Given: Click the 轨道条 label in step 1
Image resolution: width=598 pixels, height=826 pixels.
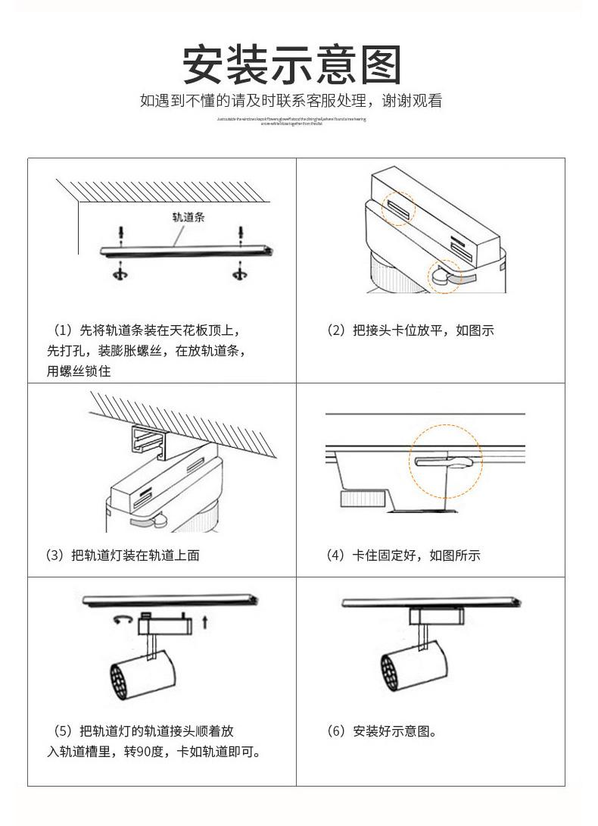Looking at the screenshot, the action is coord(188,217).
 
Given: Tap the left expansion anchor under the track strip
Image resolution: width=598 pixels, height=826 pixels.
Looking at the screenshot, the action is coord(120,271).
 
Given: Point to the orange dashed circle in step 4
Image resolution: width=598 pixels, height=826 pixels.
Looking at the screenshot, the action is coord(447,461).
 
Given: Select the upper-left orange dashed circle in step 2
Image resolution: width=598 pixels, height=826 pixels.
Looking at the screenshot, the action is coord(398,207).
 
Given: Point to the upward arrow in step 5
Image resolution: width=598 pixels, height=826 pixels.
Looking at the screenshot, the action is coord(204,623).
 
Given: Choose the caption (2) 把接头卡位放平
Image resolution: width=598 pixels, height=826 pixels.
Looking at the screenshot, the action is coord(410,330).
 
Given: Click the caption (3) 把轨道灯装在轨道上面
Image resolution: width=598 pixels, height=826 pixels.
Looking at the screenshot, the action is coord(123,555).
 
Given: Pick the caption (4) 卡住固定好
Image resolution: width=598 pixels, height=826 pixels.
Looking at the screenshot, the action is coord(403,555).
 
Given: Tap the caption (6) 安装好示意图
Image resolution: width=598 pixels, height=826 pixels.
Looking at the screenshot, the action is coord(382,731).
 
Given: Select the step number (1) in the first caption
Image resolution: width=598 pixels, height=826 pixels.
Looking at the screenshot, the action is coord(62,330).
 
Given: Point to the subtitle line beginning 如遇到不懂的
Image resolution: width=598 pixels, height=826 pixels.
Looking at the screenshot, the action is coord(291,101).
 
